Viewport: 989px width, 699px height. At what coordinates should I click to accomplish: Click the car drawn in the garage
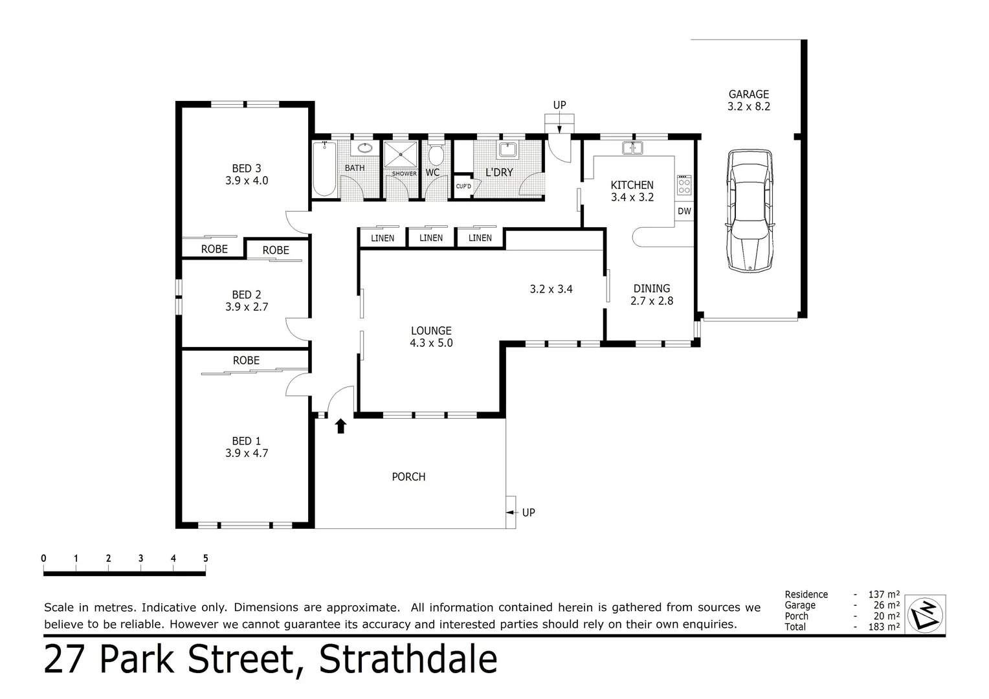click(x=750, y=210)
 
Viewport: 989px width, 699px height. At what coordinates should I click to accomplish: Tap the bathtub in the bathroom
click(x=324, y=169)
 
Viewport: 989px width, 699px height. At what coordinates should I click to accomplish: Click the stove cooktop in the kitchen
click(x=684, y=186)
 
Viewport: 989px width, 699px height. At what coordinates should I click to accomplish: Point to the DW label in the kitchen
click(x=684, y=211)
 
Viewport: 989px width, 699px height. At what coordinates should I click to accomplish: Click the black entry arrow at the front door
click(x=340, y=425)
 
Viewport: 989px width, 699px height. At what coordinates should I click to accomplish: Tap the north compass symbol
click(x=926, y=614)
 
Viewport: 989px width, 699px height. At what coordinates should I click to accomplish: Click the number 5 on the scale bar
click(x=205, y=559)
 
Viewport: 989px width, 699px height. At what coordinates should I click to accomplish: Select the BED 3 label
click(x=247, y=168)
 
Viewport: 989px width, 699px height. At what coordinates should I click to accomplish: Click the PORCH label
click(x=408, y=477)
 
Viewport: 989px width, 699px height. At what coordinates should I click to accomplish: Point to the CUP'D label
click(x=463, y=186)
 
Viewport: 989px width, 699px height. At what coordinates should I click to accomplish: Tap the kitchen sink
click(x=632, y=148)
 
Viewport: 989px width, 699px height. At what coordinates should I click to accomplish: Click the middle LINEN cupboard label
click(x=431, y=238)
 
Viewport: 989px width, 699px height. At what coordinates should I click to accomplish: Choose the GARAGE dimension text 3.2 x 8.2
click(x=749, y=107)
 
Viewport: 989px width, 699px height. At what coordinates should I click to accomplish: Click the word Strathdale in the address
click(x=408, y=660)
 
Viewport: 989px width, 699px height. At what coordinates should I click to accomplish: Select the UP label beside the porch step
click(x=528, y=513)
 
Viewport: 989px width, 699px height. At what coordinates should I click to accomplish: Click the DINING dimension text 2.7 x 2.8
click(x=652, y=301)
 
